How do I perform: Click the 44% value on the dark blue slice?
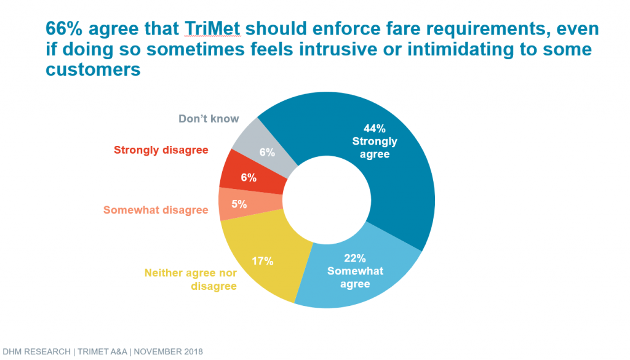point(375,129)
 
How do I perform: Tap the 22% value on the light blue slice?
point(355,258)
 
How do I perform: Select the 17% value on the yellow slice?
point(262,261)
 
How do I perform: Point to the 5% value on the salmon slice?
point(239,204)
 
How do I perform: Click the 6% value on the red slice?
point(249,177)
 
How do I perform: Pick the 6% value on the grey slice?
point(267,152)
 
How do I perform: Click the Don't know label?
point(209,119)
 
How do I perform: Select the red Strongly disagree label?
point(161,150)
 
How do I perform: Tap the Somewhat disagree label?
point(156,210)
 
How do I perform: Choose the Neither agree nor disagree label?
point(191,279)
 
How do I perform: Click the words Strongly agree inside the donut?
point(375,148)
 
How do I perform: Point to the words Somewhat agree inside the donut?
point(355,278)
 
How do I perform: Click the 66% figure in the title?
point(64,28)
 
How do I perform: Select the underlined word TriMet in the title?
point(212,28)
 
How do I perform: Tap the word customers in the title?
point(94,69)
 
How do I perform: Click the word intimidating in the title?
point(460,49)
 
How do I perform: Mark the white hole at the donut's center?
point(327,200)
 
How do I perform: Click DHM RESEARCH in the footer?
point(36,351)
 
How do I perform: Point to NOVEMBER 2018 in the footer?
point(169,351)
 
